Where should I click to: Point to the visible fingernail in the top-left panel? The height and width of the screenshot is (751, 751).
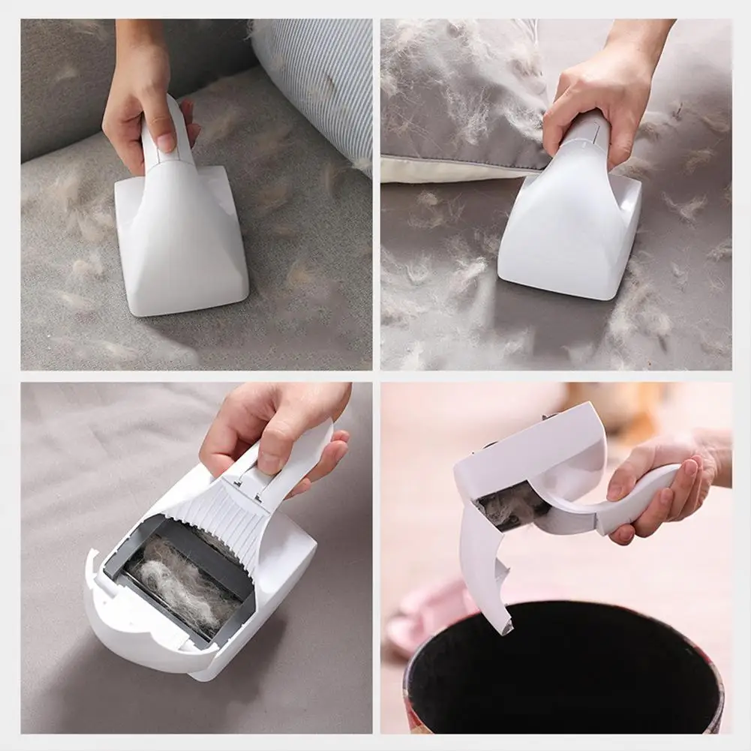pyautogui.click(x=166, y=140)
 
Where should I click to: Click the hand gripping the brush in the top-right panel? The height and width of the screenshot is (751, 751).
pyautogui.click(x=593, y=105)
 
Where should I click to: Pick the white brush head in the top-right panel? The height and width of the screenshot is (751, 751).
pyautogui.click(x=570, y=233)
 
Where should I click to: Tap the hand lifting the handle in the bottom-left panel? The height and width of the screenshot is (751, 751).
pyautogui.click(x=278, y=428)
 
